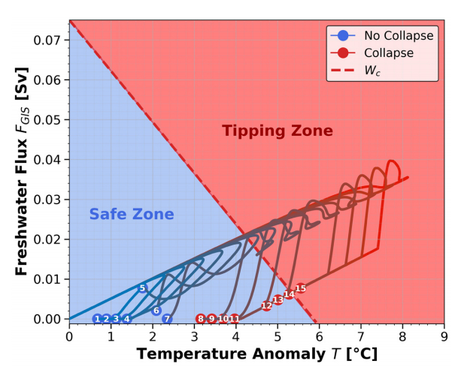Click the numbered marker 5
tap(142, 288)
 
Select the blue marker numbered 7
tap(167, 319)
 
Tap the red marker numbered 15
tap(301, 288)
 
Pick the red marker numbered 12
tap(266, 306)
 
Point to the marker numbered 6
tap(156, 311)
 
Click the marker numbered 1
tap(97, 319)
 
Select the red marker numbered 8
tap(201, 319)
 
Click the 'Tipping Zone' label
tap(277, 131)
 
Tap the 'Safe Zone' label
tap(132, 214)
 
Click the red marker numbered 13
tap(278, 300)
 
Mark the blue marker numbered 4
tap(126, 319)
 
